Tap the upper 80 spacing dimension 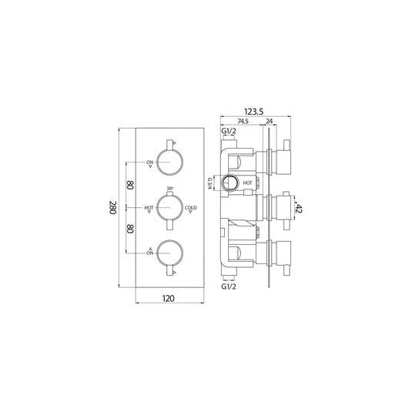pos(131,186)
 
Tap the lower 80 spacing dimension pos(131,229)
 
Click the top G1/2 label pos(229,132)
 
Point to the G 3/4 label pos(210,183)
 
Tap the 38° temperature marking pos(169,189)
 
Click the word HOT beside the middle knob pos(149,207)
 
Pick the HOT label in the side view pos(248,183)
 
